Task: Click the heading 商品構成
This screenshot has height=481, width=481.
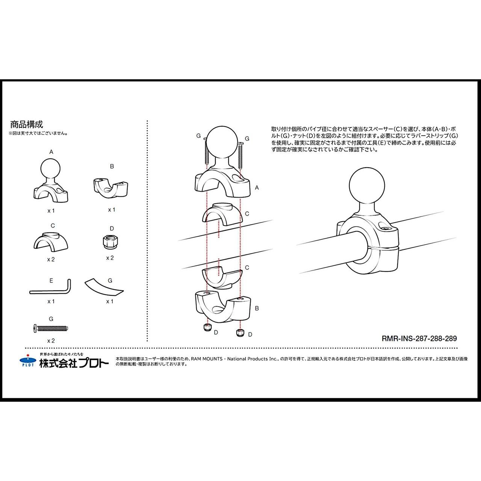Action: click(27, 124)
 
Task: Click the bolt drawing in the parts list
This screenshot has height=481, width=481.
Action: click(50, 328)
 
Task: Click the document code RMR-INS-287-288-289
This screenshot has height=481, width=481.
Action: click(419, 339)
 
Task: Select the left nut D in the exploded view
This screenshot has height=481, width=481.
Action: click(207, 327)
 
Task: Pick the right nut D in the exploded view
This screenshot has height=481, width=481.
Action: click(240, 333)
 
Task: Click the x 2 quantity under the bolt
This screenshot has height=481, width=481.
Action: click(51, 341)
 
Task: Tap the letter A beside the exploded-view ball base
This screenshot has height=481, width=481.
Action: click(257, 188)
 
